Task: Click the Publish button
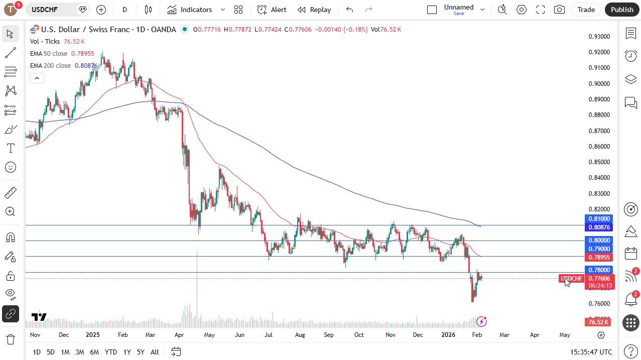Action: (x=622, y=10)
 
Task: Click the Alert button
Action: (x=272, y=10)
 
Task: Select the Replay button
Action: (x=314, y=10)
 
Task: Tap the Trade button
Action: (x=586, y=10)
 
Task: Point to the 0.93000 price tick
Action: (x=599, y=37)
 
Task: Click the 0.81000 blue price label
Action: (x=599, y=219)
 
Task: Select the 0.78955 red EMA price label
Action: (x=599, y=258)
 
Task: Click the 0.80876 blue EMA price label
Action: (x=599, y=227)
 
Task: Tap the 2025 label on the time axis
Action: (x=92, y=335)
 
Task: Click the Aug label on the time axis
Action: (x=300, y=335)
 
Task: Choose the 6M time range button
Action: (x=94, y=352)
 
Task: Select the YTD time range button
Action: (x=110, y=352)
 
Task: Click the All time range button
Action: (x=155, y=352)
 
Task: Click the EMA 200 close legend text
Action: (x=50, y=66)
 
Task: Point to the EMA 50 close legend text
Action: (x=49, y=54)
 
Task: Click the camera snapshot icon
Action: (x=559, y=10)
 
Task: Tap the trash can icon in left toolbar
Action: (x=10, y=339)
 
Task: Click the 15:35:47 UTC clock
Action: (x=591, y=352)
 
